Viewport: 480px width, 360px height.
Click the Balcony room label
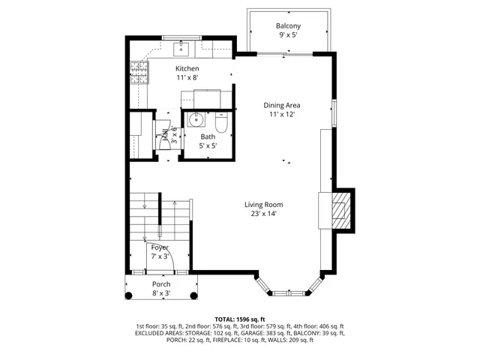pyautogui.click(x=289, y=25)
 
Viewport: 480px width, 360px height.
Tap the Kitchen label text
pyautogui.click(x=187, y=68)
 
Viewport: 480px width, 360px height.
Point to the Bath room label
pyautogui.click(x=208, y=137)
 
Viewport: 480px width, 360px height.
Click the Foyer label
pyautogui.click(x=160, y=247)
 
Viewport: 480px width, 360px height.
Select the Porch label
pyautogui.click(x=161, y=284)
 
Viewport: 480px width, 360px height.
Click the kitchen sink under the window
pyautogui.click(x=182, y=50)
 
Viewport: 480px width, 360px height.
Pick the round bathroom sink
pyautogui.click(x=196, y=119)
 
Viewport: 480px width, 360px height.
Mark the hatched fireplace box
pyautogui.click(x=341, y=209)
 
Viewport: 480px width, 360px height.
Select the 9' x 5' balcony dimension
pyautogui.click(x=289, y=35)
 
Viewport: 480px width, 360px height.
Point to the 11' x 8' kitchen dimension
pyautogui.click(x=187, y=78)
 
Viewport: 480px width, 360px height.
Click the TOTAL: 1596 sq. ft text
pyautogui.click(x=239, y=318)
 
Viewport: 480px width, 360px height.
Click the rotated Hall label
pyautogui.click(x=165, y=136)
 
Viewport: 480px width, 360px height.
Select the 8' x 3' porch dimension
pyautogui.click(x=161, y=294)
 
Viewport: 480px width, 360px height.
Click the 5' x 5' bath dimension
pyautogui.click(x=208, y=147)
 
